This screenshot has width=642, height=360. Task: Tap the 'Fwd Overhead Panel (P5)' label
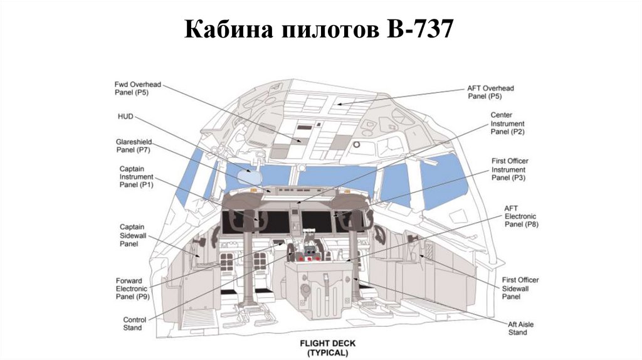point(132,88)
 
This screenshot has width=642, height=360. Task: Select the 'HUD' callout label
point(125,117)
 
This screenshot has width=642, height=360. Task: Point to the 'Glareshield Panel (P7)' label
point(134,146)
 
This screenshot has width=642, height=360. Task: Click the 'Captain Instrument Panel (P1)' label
point(136,177)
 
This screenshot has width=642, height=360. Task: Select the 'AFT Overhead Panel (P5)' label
point(490,92)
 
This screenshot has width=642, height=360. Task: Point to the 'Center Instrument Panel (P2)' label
point(507,124)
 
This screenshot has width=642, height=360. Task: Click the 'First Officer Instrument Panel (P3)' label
point(509,169)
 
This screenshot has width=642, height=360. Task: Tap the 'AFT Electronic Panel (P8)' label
point(522,216)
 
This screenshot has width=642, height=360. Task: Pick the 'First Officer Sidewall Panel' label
point(520,288)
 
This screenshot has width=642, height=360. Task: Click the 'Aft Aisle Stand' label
point(517,328)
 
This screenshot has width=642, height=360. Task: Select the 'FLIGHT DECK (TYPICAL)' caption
point(324,348)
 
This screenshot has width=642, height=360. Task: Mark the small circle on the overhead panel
point(357,144)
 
